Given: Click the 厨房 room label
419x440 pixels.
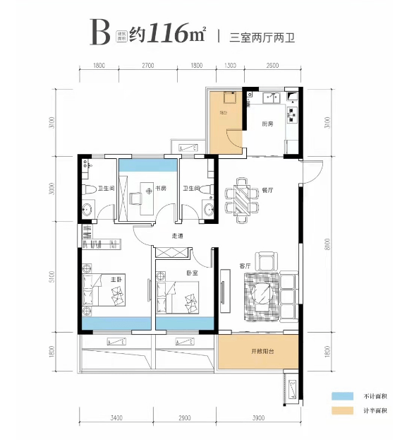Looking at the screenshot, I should click(267, 124).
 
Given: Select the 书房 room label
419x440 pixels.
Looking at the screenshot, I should click(161, 189).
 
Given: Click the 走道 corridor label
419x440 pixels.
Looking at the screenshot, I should click(178, 236).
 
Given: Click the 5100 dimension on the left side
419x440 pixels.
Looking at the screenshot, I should click(51, 277).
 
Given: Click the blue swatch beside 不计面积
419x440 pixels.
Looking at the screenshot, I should click(341, 397).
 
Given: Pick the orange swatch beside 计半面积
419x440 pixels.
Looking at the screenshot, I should click(341, 410).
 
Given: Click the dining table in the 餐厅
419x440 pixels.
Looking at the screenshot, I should click(242, 198).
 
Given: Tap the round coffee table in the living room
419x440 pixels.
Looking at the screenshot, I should click(261, 292).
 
